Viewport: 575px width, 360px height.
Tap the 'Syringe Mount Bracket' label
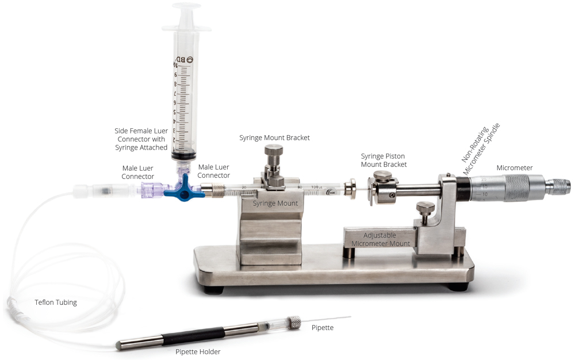pyautogui.click(x=274, y=138)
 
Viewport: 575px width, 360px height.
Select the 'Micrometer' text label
pyautogui.click(x=515, y=168)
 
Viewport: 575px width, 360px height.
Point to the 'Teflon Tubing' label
pyautogui.click(x=55, y=302)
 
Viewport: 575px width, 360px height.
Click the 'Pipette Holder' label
pyautogui.click(x=198, y=351)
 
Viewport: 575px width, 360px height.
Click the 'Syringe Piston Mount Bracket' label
pyautogui.click(x=384, y=160)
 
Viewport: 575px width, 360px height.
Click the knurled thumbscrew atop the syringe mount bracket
pyautogui.click(x=274, y=154)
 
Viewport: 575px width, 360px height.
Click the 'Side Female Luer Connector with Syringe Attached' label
pyautogui.click(x=141, y=139)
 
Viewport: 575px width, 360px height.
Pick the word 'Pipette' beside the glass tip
pyautogui.click(x=322, y=328)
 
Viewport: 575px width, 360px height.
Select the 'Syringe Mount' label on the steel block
pyautogui.click(x=275, y=204)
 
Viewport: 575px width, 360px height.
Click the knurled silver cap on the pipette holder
pyautogui.click(x=293, y=322)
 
